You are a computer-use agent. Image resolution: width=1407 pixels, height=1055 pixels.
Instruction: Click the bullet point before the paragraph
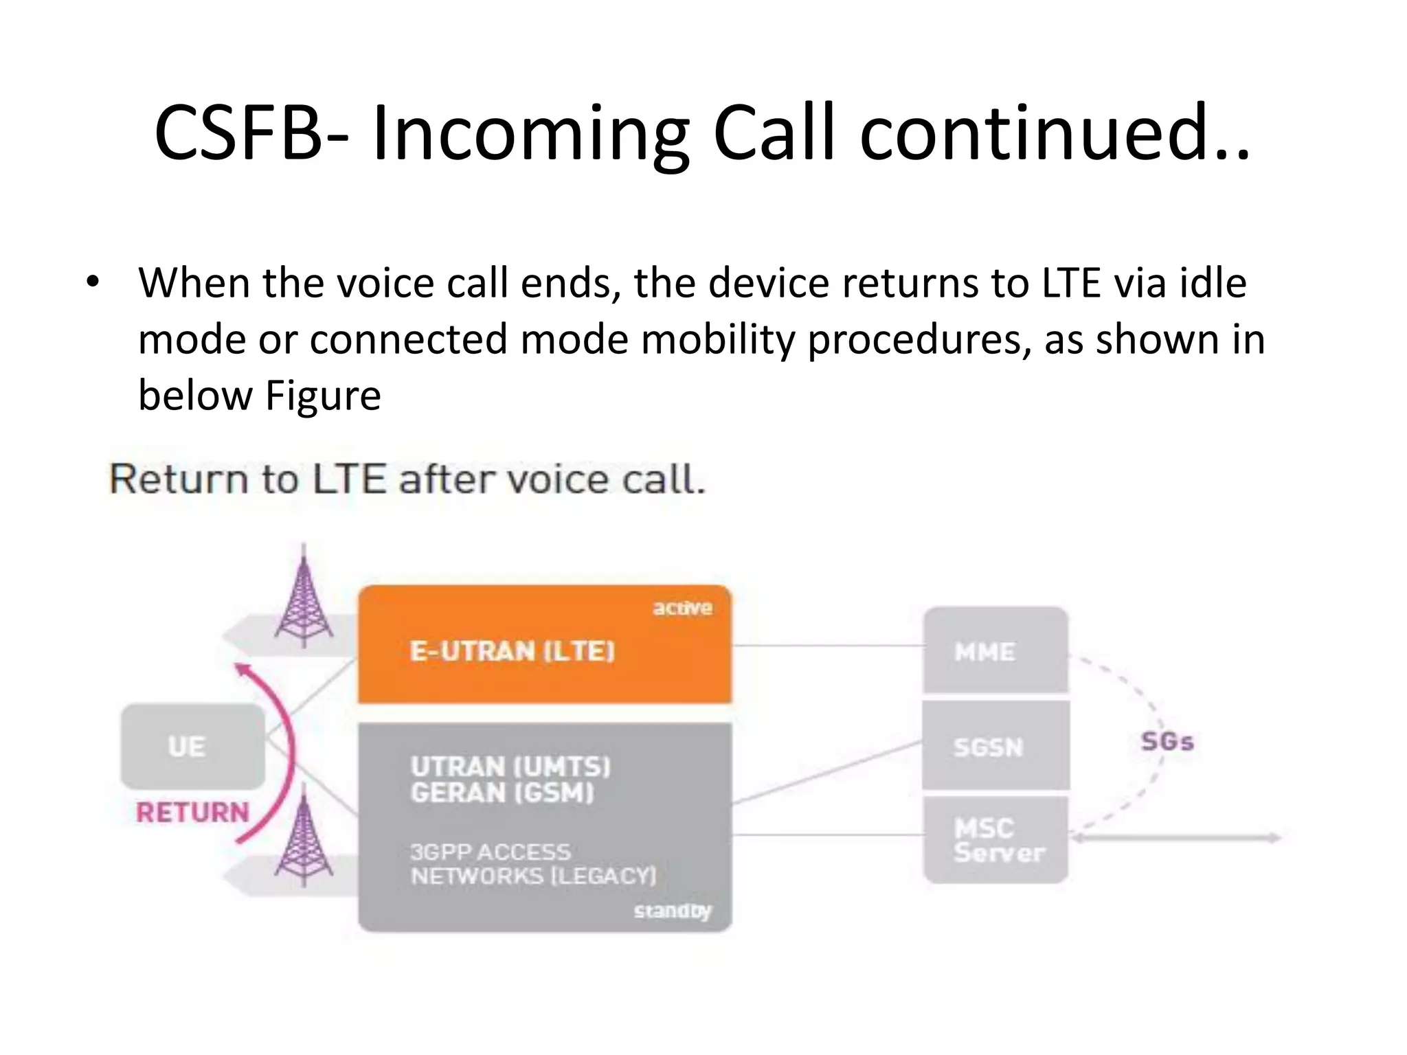(93, 282)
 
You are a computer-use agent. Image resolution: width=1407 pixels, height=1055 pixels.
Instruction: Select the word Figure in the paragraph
(323, 396)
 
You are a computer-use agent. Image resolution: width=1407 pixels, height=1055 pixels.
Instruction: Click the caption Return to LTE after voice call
(407, 479)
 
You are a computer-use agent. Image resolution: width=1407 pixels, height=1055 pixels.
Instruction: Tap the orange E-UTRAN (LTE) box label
(512, 650)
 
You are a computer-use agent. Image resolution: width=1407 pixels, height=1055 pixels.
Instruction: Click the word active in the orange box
(682, 608)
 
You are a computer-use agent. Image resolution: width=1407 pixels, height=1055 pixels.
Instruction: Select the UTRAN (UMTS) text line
(510, 766)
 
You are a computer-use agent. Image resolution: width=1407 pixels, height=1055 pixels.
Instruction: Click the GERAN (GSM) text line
(502, 793)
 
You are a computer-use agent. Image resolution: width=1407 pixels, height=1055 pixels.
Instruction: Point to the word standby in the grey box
(672, 911)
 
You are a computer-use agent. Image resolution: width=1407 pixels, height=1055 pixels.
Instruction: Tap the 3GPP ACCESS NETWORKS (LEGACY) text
(532, 864)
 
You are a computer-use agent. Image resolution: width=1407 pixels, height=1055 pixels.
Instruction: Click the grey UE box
(192, 746)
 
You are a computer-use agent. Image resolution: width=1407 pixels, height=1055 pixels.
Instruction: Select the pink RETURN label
(192, 813)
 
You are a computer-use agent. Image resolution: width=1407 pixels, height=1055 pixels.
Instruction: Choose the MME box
(995, 650)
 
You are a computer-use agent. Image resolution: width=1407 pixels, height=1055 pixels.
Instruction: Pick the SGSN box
(995, 746)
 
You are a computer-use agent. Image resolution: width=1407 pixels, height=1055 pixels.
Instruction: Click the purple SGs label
(1167, 742)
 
